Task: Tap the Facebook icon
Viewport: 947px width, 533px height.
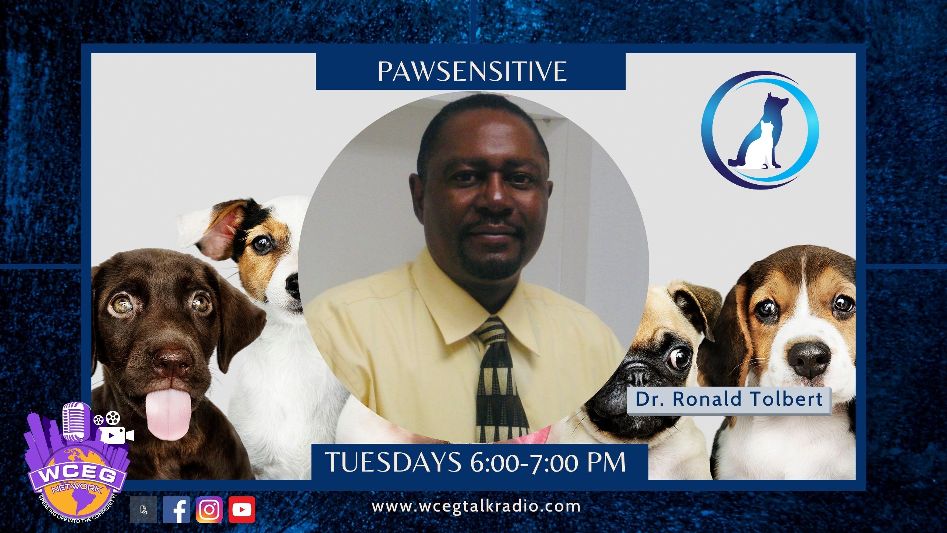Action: tap(176, 509)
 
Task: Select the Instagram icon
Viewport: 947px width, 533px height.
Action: tap(209, 509)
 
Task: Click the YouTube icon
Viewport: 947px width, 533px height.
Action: tap(242, 509)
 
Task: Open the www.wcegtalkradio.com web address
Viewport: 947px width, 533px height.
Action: tap(476, 506)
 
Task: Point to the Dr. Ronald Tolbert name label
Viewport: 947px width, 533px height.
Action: tap(729, 399)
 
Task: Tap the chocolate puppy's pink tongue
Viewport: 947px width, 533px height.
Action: tap(164, 416)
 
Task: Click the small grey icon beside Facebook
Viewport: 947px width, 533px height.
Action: tap(144, 510)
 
